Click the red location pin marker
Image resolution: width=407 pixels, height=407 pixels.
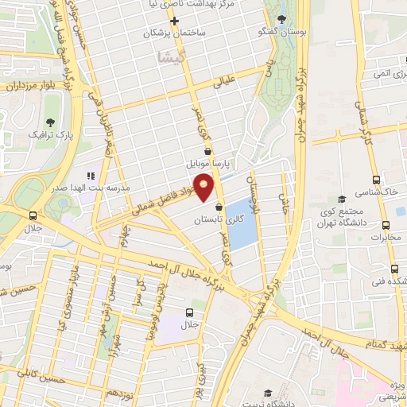tap(205, 186)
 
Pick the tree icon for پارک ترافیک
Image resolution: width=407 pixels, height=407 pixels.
tap(51, 122)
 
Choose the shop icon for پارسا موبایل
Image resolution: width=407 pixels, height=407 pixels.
tap(207, 150)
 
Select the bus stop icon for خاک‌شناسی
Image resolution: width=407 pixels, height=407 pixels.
tap(375, 180)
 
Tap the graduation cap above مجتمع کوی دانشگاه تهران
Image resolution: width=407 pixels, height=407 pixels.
tap(342, 199)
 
